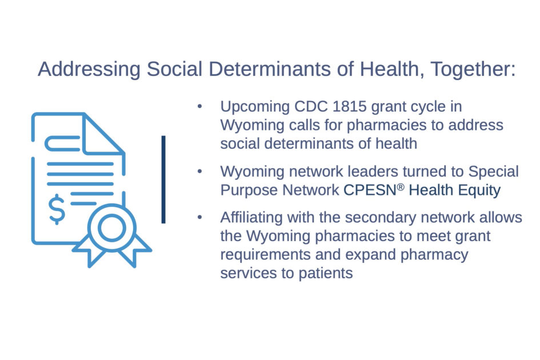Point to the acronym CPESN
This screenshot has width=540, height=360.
(x=370, y=190)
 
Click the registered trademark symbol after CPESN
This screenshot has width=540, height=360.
(x=401, y=187)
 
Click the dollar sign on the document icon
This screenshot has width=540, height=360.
(x=57, y=209)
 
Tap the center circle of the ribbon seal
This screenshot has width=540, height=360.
(x=111, y=227)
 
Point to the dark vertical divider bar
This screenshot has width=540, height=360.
(x=163, y=179)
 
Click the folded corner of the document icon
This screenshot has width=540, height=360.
(x=103, y=134)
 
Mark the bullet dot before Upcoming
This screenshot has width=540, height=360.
(x=200, y=107)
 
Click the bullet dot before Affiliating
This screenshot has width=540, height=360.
(x=200, y=218)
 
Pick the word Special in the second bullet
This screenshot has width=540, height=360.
(x=494, y=172)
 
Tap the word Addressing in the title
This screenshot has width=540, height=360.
(x=89, y=69)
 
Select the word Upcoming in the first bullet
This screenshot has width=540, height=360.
(x=255, y=107)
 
